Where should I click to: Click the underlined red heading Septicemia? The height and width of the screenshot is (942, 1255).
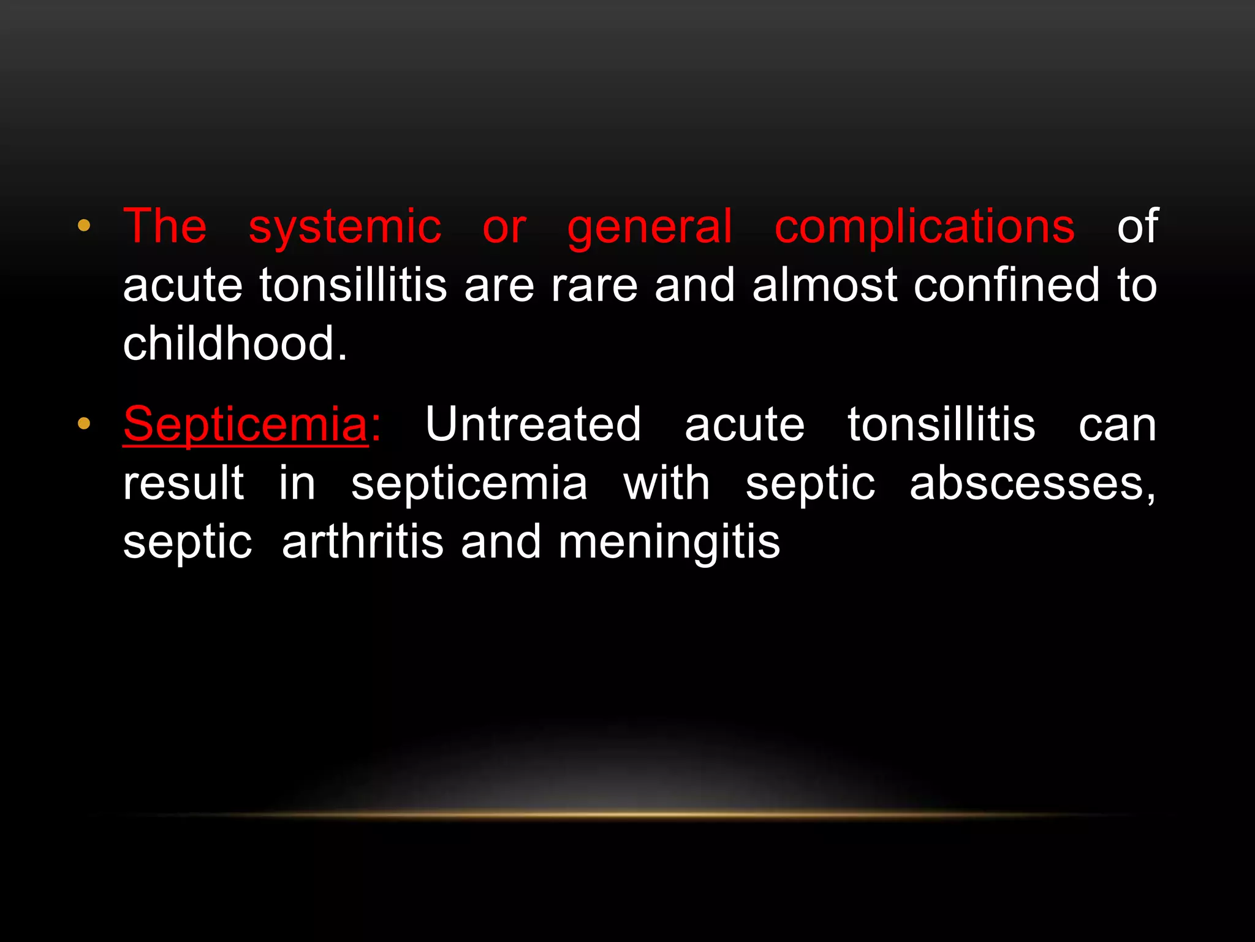245,424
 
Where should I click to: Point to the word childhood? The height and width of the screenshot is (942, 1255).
235,343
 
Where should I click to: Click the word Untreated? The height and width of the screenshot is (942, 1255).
533,424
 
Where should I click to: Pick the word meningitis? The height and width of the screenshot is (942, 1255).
669,543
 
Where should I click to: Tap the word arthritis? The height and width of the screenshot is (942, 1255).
363,543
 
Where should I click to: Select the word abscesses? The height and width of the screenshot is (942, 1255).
1032,484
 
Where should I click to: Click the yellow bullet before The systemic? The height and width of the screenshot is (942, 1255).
84,226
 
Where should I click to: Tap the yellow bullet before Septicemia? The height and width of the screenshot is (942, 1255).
84,423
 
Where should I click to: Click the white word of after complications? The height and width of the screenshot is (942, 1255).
1137,227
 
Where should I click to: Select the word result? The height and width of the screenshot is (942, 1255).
184,483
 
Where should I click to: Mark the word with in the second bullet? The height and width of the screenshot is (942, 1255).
667,483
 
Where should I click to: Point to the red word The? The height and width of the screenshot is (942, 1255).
165,227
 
